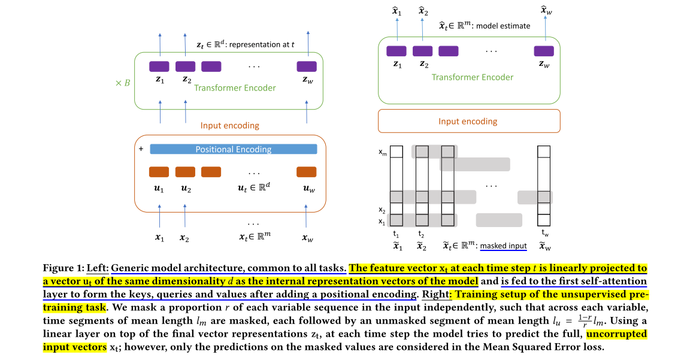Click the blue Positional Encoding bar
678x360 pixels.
(233, 149)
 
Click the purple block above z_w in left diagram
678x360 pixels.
(307, 66)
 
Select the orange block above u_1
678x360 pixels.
(159, 172)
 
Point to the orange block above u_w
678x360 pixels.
(307, 172)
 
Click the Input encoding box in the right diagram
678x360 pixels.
(469, 121)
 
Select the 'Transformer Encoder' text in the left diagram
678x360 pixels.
(235, 88)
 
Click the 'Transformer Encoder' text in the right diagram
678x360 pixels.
(473, 77)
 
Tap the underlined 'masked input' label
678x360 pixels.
(503, 246)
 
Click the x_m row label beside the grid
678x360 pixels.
(382, 153)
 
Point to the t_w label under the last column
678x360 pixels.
(544, 233)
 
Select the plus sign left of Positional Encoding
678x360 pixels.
(141, 149)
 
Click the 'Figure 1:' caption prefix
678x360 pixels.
(63, 268)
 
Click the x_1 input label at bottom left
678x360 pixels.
(159, 238)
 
